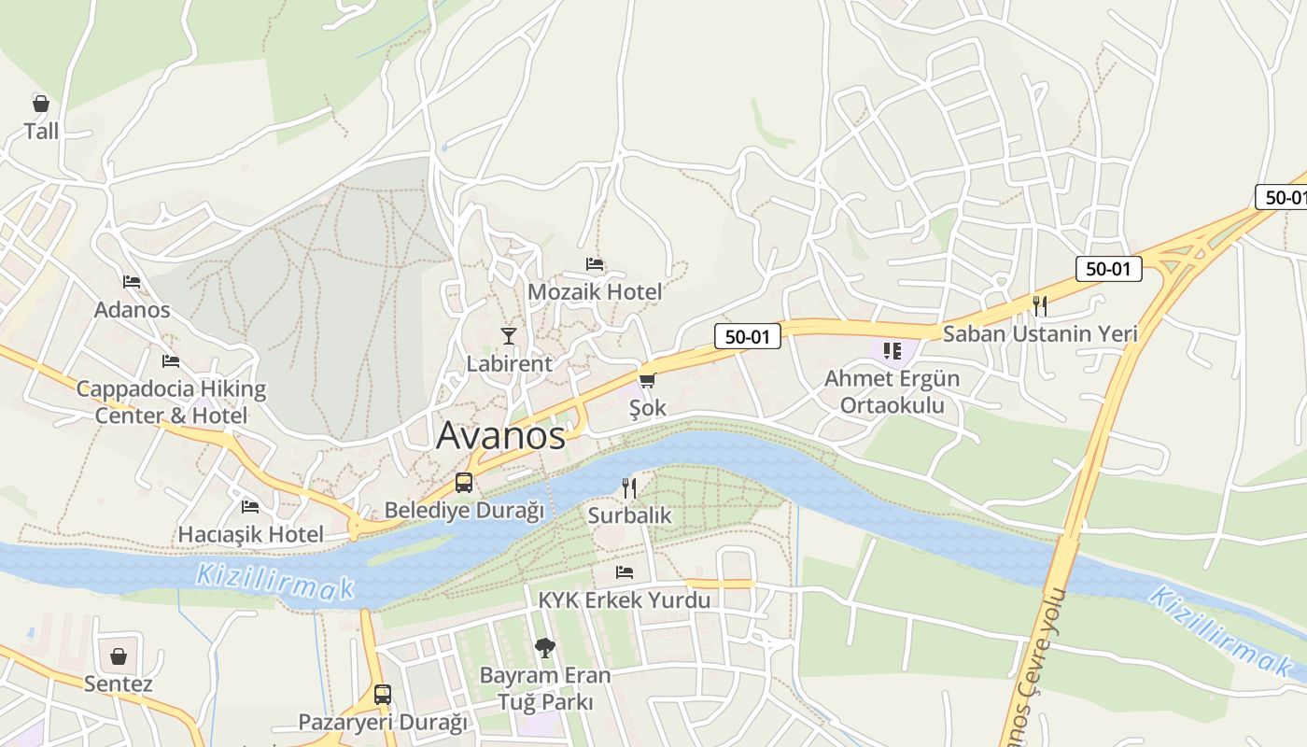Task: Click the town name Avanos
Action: point(501,435)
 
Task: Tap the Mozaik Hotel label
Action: point(595,292)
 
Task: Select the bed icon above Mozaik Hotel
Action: point(595,264)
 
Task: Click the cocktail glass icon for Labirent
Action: point(509,336)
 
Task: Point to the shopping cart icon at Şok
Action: point(647,380)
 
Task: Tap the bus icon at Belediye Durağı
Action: point(464,483)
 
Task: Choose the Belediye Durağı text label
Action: point(464,511)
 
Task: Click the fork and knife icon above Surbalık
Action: point(629,487)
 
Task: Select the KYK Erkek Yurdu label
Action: point(625,600)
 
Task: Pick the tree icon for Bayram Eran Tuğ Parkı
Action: point(544,646)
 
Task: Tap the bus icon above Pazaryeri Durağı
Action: point(383,695)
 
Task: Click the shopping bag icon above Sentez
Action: point(119,656)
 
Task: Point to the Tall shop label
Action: point(41,132)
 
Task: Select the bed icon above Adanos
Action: point(132,281)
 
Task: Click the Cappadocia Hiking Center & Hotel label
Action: point(171,402)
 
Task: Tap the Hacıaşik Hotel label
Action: point(251,535)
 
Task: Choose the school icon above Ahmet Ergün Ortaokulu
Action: point(892,351)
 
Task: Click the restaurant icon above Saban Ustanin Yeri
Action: point(1040,305)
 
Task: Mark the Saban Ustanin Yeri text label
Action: point(1040,333)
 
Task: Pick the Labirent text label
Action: point(510,364)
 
